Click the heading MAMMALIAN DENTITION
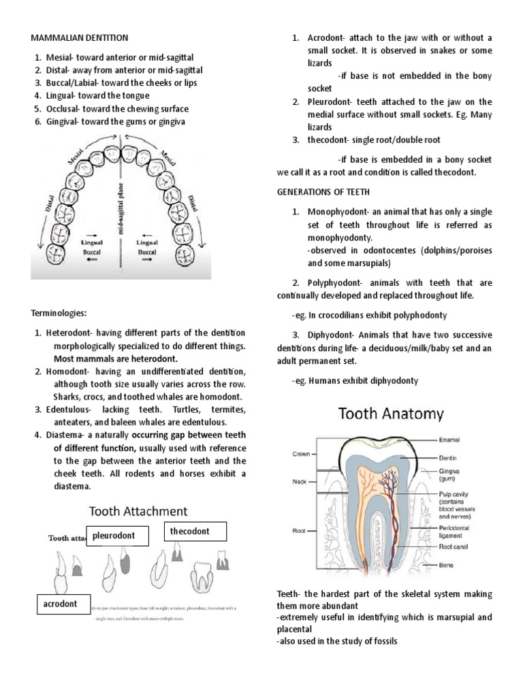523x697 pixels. click(79, 37)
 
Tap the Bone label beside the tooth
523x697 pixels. click(447, 565)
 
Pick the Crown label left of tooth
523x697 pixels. click(302, 453)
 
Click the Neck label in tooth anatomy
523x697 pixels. click(300, 481)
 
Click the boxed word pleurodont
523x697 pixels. click(114, 536)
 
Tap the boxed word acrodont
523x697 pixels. click(60, 604)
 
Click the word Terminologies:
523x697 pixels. click(59, 313)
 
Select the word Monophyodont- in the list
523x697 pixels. click(340, 212)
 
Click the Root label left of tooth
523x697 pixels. click(299, 530)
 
